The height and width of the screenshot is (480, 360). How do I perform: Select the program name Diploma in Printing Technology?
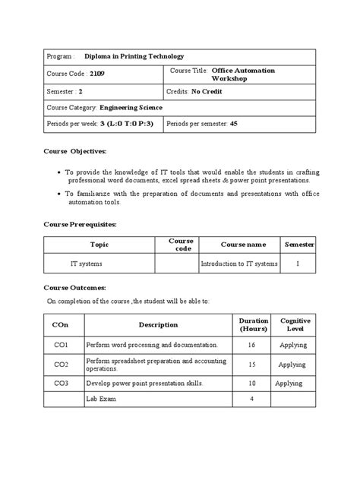pyautogui.click(x=134, y=56)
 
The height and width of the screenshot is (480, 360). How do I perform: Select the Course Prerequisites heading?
pyautogui.click(x=79, y=225)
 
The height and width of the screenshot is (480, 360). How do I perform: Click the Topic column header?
pyautogui.click(x=100, y=245)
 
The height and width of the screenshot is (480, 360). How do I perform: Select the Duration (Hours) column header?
pyautogui.click(x=253, y=325)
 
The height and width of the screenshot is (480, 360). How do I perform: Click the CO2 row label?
pyautogui.click(x=62, y=364)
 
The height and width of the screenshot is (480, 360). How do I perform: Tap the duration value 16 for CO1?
pyautogui.click(x=252, y=345)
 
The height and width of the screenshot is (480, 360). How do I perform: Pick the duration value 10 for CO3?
pyautogui.click(x=252, y=384)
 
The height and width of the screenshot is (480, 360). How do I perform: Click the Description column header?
pyautogui.click(x=158, y=325)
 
